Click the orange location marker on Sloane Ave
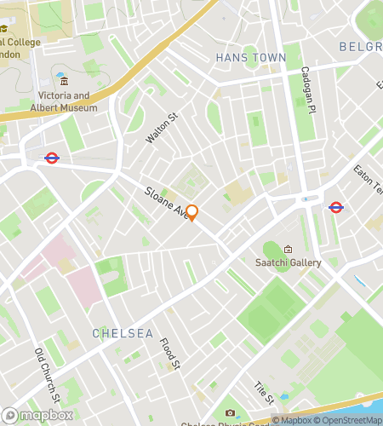(x=192, y=212)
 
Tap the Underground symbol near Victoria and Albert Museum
(x=51, y=158)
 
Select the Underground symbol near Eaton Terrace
(x=335, y=206)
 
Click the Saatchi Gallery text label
(x=289, y=262)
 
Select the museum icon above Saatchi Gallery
(x=288, y=250)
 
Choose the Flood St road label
(x=170, y=354)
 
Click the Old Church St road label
(x=48, y=375)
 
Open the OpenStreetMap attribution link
(x=350, y=420)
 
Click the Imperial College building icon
(x=4, y=29)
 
